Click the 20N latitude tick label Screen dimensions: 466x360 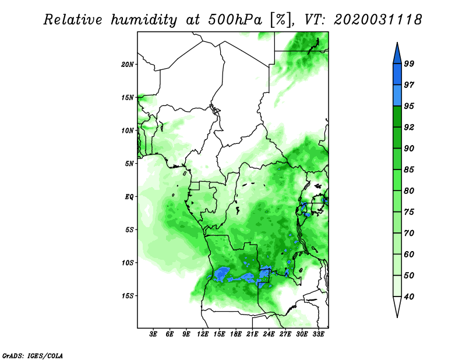[128, 65]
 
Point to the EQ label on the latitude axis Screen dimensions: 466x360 [129, 197]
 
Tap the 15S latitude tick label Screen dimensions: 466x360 [128, 296]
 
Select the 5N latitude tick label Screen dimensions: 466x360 [129, 164]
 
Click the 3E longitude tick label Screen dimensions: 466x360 [153, 334]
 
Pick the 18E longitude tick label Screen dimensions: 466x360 [236, 334]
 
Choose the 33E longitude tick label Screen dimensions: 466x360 [318, 334]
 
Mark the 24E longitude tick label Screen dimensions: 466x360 [269, 334]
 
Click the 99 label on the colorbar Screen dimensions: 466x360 [409, 63]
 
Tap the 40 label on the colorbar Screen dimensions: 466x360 [409, 297]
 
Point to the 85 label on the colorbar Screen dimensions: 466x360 [409, 170]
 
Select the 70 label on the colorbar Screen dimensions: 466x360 [409, 233]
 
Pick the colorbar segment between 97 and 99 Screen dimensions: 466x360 [397, 75]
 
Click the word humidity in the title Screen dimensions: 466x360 [144, 20]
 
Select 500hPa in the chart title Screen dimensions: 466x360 [235, 20]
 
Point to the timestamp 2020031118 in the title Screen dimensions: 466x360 [377, 20]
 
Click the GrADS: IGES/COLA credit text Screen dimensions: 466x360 [33, 356]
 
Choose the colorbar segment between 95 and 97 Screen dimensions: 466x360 [397, 96]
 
